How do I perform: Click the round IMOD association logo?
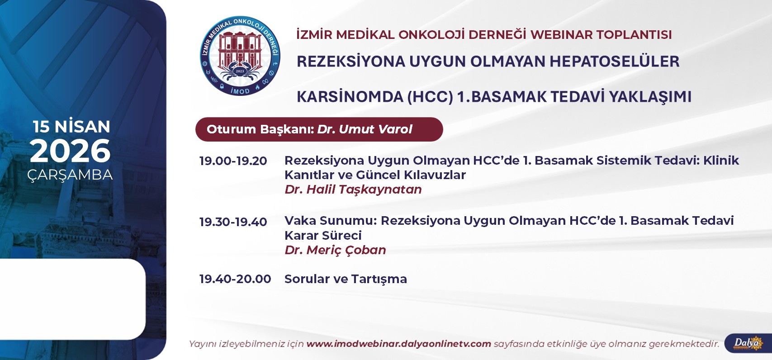(x=240, y=56)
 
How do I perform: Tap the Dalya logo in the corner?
(x=748, y=343)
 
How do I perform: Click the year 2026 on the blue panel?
(x=70, y=151)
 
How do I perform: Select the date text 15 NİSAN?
(x=71, y=127)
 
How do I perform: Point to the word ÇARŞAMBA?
(x=70, y=175)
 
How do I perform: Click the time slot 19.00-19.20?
(x=233, y=161)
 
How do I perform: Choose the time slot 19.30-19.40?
(x=233, y=222)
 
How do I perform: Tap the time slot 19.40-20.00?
(x=235, y=279)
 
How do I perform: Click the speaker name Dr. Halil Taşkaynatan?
(x=353, y=189)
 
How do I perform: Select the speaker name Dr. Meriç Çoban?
(x=335, y=250)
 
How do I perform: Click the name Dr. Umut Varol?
(x=365, y=129)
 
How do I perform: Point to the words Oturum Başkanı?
(x=260, y=129)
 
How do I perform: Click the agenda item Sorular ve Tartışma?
(x=346, y=279)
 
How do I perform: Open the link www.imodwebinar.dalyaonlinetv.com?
(x=399, y=344)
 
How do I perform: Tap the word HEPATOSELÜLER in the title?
(x=615, y=62)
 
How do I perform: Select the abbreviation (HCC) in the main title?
(x=430, y=97)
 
